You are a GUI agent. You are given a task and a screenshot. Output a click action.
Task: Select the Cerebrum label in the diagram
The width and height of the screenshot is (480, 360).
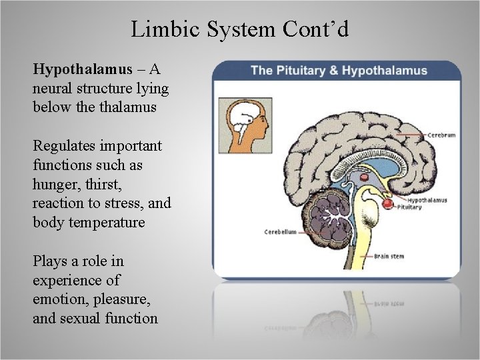click(441, 135)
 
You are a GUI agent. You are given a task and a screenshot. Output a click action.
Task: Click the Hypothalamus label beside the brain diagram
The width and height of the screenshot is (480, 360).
click(427, 200)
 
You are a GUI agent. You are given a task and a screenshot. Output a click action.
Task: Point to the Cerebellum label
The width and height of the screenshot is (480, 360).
click(280, 232)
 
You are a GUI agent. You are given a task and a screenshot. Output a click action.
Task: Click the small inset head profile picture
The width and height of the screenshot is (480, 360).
click(245, 126)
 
